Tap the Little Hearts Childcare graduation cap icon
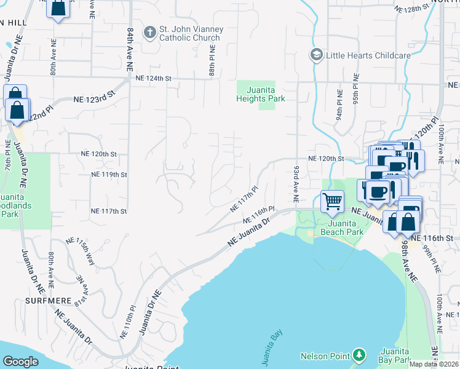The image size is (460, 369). click(x=316, y=55)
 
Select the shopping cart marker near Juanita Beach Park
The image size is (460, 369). click(x=332, y=200)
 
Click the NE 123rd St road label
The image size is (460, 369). click(x=95, y=98)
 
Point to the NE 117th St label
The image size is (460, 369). click(x=109, y=211)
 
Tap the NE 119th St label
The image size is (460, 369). click(x=109, y=175)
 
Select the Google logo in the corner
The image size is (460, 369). click(x=20, y=362)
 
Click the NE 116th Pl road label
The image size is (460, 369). click(x=258, y=215)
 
